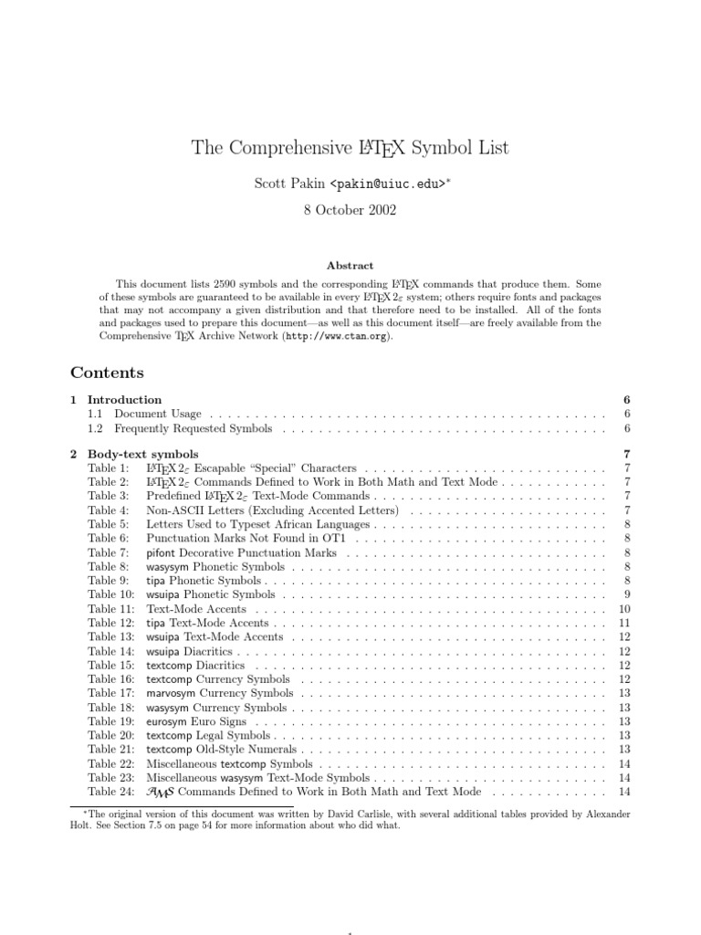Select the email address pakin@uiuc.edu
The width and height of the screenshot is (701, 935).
[388, 184]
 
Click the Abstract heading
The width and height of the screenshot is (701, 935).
[350, 266]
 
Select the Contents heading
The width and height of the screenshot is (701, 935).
[107, 373]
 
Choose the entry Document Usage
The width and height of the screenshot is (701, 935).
[158, 414]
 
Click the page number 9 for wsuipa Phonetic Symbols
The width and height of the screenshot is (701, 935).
[625, 594]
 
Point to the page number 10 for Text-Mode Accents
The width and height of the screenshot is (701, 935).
[624, 609]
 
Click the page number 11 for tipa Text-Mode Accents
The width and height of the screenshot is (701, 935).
[624, 623]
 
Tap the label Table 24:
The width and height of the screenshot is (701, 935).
[110, 792]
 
